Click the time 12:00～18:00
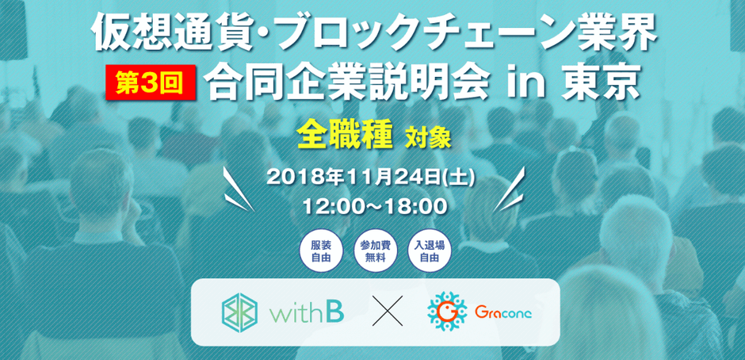(375, 206)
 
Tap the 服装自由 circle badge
(320, 252)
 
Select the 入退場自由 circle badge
(429, 252)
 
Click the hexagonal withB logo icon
(239, 311)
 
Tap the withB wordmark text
(308, 312)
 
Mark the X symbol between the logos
(388, 311)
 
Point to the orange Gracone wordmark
(503, 312)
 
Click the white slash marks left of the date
(239, 190)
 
